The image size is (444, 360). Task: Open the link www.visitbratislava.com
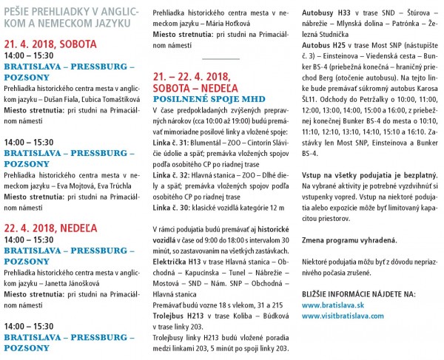pyautogui.click(x=343, y=316)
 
